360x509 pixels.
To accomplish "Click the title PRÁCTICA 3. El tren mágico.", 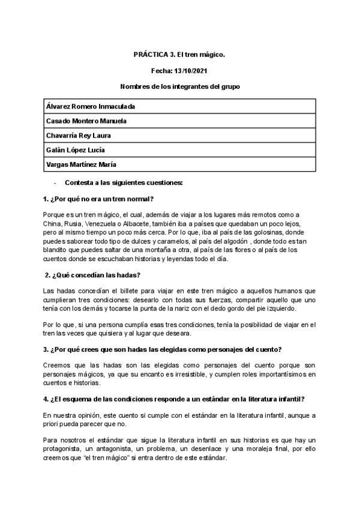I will (x=179, y=55).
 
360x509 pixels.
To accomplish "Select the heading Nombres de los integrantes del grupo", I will (x=179, y=87).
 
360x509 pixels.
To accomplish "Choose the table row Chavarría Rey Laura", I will (x=79, y=136).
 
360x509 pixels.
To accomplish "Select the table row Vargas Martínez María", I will (x=81, y=164).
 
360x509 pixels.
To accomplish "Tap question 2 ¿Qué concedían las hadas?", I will (x=93, y=275).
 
